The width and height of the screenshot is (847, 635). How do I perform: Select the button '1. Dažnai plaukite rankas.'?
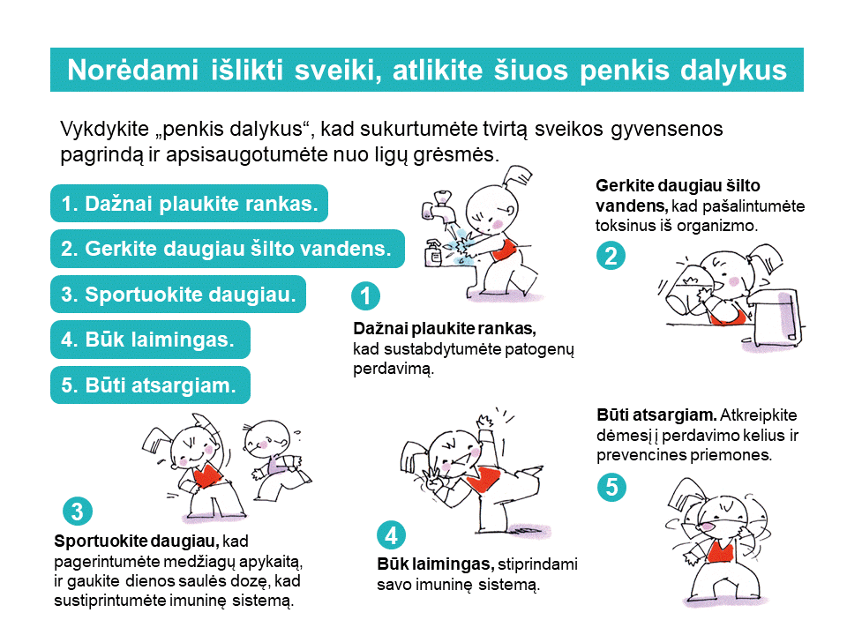pos(189,204)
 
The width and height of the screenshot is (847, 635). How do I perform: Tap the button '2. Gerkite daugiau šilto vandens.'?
pos(227,249)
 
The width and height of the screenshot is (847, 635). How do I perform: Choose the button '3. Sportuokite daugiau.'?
pos(177,294)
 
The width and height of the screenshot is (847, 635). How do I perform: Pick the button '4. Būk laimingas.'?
pos(149,340)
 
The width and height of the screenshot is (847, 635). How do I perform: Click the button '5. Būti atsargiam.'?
pos(149,385)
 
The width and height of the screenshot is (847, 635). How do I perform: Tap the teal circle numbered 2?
pos(611,256)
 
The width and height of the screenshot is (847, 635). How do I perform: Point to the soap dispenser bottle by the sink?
pos(434,253)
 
